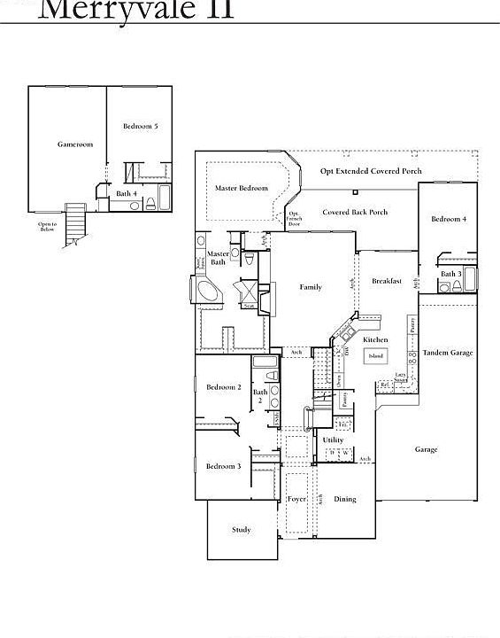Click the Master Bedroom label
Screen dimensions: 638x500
tap(242, 188)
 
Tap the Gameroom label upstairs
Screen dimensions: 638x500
tap(75, 144)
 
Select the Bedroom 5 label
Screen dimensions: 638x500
tap(141, 127)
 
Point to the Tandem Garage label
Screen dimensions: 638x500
tap(448, 353)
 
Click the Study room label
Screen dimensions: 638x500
tap(242, 530)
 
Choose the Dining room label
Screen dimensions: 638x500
tap(345, 499)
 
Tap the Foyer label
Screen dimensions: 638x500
tap(297, 499)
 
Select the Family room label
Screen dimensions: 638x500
tap(311, 287)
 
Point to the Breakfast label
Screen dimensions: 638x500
tap(387, 281)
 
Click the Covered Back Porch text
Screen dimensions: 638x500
tap(355, 213)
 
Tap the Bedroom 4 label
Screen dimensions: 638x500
tap(449, 219)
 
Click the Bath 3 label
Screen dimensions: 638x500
tap(451, 274)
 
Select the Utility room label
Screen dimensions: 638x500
tap(333, 440)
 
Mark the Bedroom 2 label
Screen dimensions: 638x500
tap(224, 387)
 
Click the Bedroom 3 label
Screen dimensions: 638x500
tap(224, 466)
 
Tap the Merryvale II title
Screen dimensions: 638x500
tap(137, 9)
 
